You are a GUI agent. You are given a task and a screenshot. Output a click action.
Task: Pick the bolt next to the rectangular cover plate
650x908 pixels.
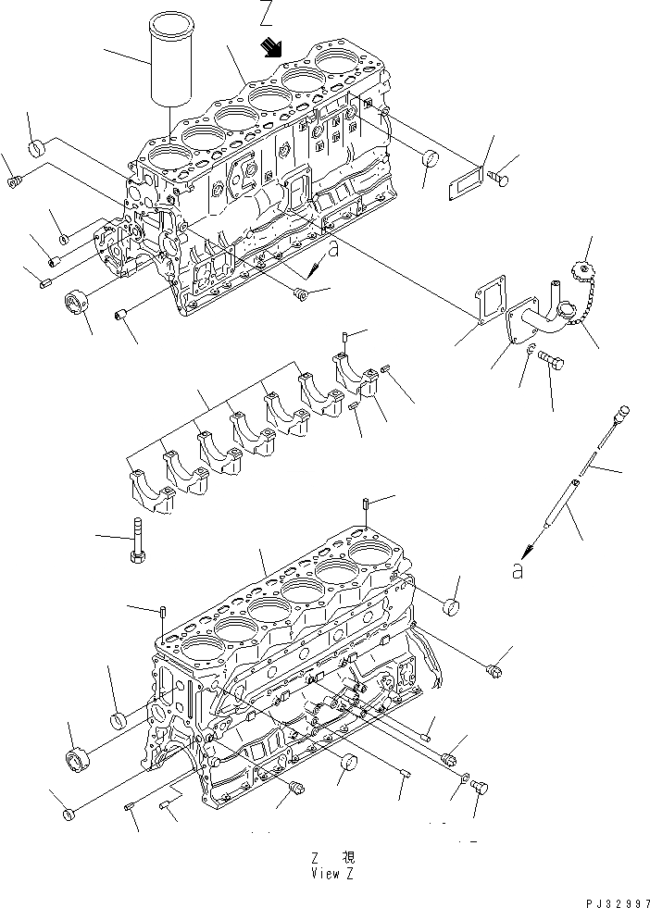503,179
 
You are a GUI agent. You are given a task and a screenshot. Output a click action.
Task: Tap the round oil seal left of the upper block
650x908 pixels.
76,302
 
